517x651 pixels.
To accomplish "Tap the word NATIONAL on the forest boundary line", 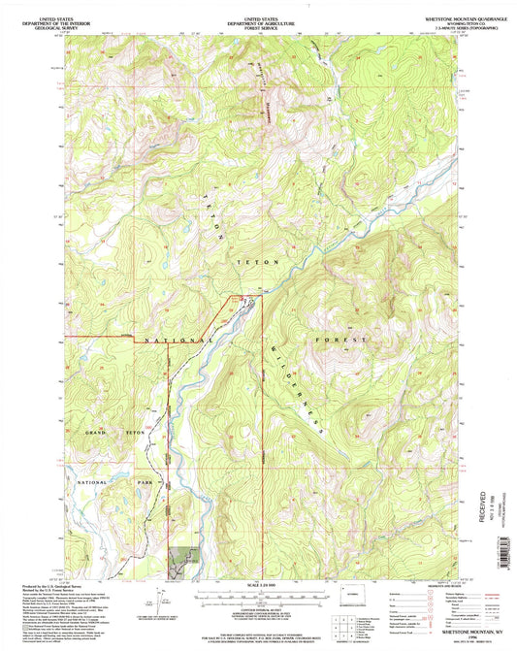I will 180,342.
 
